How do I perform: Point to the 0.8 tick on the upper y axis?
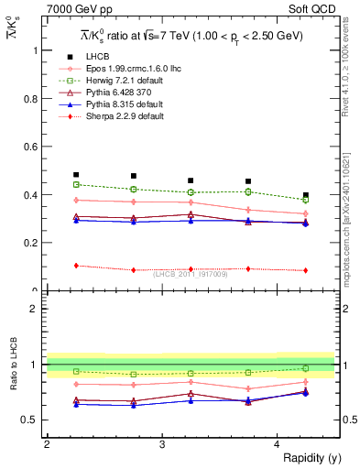pyautogui.click(x=44, y=98)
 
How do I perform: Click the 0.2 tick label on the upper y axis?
pyautogui.click(x=33, y=243)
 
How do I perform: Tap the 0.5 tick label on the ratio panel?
pyautogui.click(x=33, y=420)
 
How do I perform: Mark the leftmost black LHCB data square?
pyautogui.click(x=76, y=174)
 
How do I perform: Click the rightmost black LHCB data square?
pyautogui.click(x=306, y=195)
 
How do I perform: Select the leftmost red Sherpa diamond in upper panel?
pyautogui.click(x=76, y=266)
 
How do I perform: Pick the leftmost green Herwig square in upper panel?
pyautogui.click(x=76, y=184)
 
